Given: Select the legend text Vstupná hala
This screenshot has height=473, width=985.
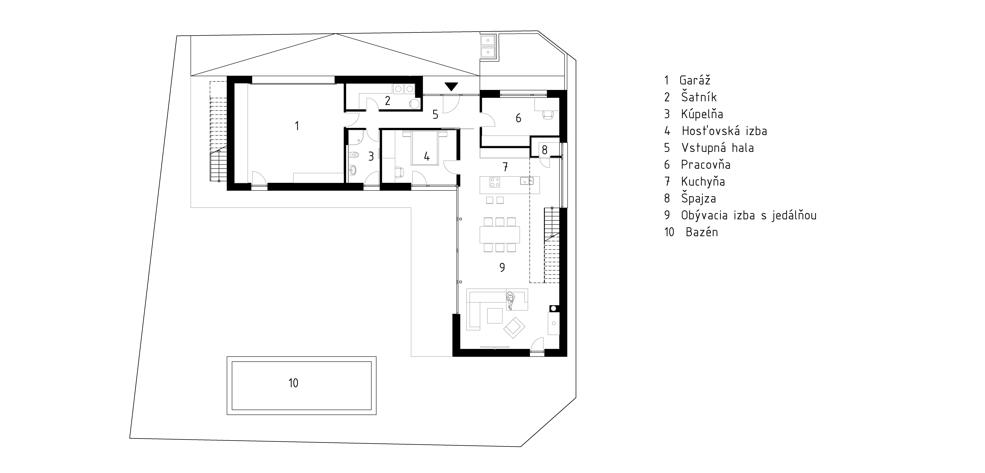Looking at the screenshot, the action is [717, 148].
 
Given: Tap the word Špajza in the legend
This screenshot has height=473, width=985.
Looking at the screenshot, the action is [699, 198].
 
